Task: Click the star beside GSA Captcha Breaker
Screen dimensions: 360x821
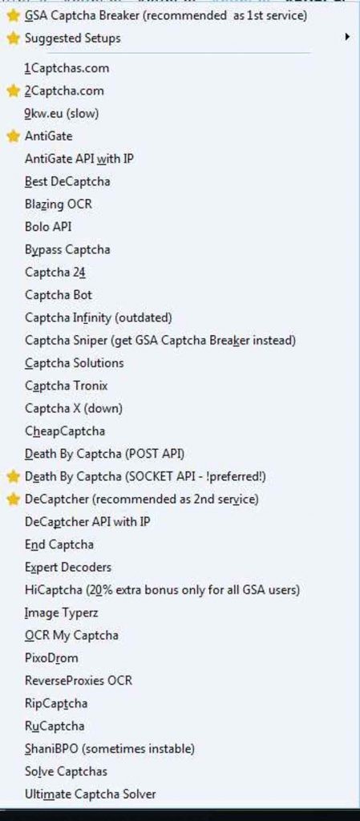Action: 13,16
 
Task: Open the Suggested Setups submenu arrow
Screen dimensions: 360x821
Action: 347,37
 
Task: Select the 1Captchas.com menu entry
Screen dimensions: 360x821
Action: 67,68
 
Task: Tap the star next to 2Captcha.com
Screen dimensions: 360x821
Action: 13,91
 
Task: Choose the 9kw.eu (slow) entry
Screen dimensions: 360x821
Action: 62,113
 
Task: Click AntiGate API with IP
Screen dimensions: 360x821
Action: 79,159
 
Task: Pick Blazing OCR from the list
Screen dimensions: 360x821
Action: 59,204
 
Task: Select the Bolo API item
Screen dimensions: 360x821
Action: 48,227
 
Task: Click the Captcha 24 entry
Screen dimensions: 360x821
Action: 55,273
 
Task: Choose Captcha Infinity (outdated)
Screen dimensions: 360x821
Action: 99,317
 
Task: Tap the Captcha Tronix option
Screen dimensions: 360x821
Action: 67,386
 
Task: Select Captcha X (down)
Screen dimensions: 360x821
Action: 74,408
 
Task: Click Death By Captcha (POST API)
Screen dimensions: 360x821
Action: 105,454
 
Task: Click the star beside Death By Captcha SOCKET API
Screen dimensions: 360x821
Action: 13,476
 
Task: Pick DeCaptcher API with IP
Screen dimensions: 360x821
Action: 88,522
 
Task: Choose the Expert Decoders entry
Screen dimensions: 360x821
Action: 68,567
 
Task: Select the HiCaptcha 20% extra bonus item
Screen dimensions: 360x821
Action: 162,590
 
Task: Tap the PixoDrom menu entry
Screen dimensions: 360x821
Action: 51,658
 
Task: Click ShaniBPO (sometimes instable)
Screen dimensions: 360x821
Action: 110,749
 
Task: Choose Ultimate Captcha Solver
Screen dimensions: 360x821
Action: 91,795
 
